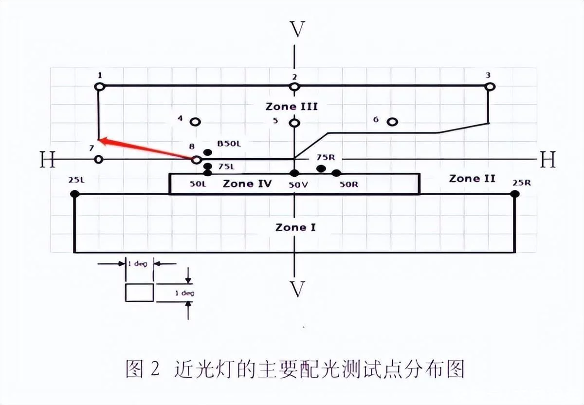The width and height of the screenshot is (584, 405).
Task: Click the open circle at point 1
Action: click(x=99, y=87)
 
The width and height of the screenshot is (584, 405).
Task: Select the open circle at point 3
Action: click(x=490, y=87)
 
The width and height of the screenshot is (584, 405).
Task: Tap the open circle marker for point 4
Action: click(x=196, y=122)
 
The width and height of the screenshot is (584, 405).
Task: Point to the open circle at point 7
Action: click(x=99, y=160)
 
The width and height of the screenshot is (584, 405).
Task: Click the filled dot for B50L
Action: click(x=208, y=152)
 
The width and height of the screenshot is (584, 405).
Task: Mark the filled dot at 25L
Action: click(x=74, y=194)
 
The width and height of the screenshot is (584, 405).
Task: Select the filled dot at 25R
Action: click(x=515, y=194)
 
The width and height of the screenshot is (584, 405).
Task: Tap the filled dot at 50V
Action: click(x=294, y=173)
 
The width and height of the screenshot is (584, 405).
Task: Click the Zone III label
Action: click(x=292, y=106)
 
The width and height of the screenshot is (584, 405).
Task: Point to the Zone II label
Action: click(x=472, y=179)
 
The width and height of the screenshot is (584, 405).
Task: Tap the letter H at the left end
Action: click(x=47, y=160)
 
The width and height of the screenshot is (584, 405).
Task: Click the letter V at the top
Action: click(x=297, y=30)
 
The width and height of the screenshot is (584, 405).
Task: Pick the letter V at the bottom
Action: click(x=297, y=289)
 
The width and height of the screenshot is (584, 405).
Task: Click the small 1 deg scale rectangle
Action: click(x=140, y=293)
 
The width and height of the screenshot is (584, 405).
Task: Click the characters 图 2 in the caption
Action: click(x=142, y=368)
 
